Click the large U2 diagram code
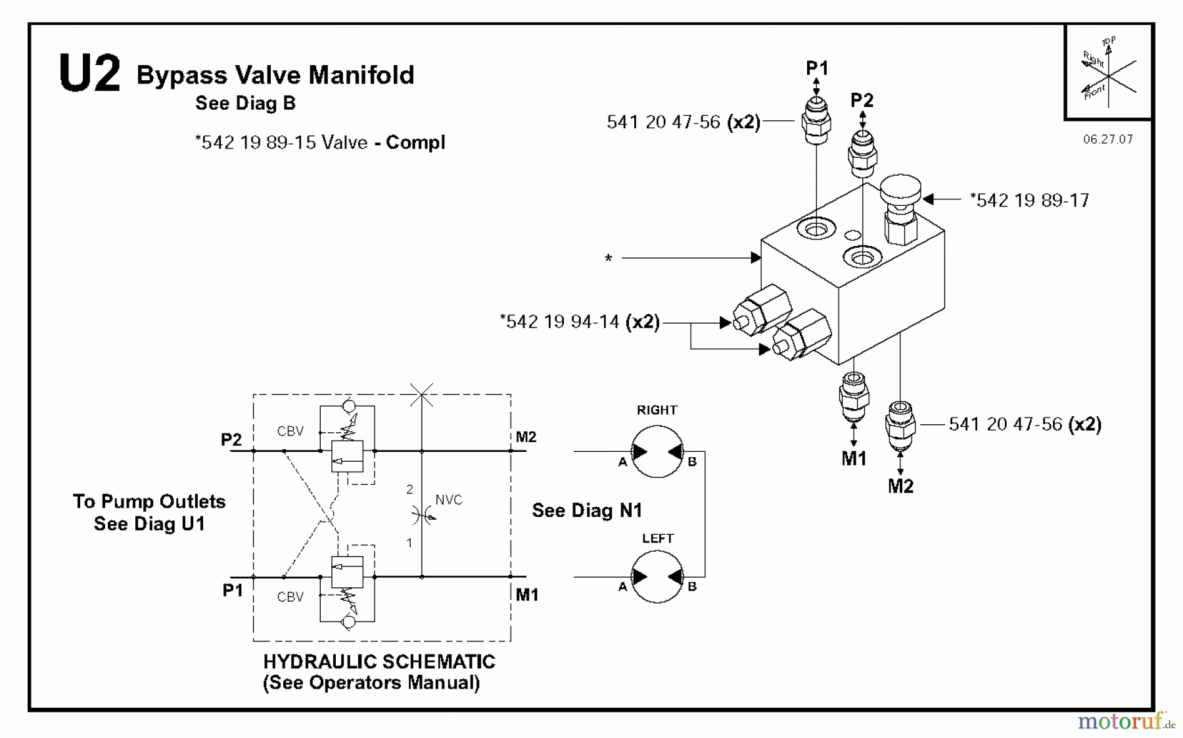(x=89, y=74)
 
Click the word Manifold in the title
(x=361, y=75)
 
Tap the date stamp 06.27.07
(x=1108, y=139)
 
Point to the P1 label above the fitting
(x=817, y=68)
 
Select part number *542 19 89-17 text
(x=1029, y=200)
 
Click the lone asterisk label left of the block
(x=609, y=259)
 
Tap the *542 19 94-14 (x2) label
(x=579, y=322)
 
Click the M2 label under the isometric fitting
(x=900, y=487)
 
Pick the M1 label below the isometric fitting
(x=854, y=459)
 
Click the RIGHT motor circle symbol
(x=657, y=451)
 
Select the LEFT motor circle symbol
(x=657, y=577)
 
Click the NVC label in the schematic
(x=449, y=500)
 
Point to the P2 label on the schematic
(x=231, y=439)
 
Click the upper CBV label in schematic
(x=290, y=431)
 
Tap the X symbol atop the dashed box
(x=421, y=395)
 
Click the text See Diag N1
(x=586, y=510)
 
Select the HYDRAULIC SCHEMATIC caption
(x=379, y=662)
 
